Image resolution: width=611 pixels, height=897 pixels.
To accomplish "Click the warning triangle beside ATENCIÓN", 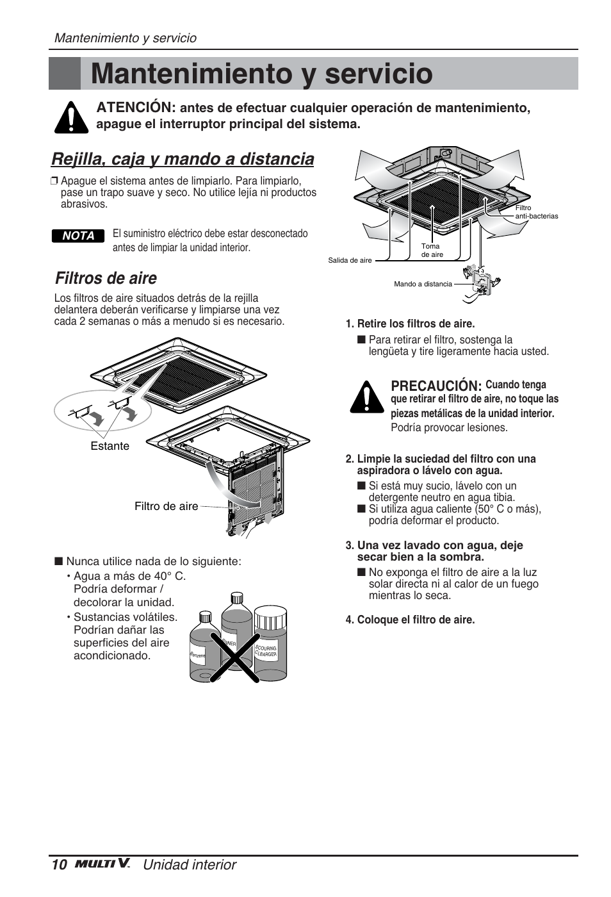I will coord(71,117).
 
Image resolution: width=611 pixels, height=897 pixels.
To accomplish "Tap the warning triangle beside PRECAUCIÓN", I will coord(366,397).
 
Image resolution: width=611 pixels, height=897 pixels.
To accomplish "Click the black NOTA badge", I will coord(78,236).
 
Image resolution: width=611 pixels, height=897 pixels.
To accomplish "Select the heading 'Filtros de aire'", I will coord(106,278).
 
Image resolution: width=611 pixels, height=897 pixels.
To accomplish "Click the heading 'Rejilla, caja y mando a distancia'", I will coord(183,159).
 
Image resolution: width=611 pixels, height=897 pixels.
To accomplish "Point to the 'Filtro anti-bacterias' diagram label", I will coord(536,212).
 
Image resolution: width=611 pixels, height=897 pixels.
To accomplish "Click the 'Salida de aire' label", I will coord(350,260).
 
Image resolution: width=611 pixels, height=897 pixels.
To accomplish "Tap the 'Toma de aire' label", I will coord(432,251).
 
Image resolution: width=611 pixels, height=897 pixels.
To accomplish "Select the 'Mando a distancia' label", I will coord(423,284).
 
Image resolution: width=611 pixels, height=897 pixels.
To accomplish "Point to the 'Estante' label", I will coord(110,446).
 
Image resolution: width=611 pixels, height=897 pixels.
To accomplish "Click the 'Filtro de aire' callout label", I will coord(166,506).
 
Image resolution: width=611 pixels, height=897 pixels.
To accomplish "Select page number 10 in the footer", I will coord(59,865).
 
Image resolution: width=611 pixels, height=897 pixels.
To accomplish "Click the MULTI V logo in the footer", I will coord(102,864).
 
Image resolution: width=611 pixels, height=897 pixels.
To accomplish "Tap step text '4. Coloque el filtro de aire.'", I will coord(410,620).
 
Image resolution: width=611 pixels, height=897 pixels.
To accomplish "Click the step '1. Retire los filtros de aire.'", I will coord(410,324).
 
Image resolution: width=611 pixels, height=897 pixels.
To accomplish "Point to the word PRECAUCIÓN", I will coord(436,386).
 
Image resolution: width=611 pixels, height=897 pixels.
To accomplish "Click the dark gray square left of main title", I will coord(65,73).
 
